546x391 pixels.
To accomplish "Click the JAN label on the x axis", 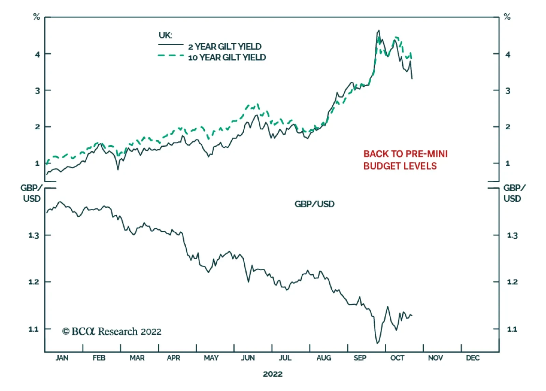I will tap(62, 358).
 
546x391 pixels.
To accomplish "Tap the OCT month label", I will tap(397, 358).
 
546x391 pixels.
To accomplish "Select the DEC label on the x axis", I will tap(473, 358).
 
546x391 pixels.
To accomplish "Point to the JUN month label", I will tap(248, 358).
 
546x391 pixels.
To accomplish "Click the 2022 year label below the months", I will tap(273, 374).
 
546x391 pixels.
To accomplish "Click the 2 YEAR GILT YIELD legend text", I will tap(225, 46).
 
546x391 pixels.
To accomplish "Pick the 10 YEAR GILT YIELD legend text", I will tap(227, 57).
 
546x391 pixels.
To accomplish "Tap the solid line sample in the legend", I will tap(171, 45).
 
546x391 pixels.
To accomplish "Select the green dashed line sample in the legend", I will tap(171, 55).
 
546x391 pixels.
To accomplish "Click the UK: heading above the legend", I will tap(166, 35).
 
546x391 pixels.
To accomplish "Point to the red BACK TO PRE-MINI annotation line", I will tap(405, 154).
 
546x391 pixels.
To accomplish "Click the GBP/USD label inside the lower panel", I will tap(314, 204).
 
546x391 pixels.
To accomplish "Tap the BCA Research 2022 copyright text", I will tap(112, 331).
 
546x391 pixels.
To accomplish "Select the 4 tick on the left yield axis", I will tap(37, 54).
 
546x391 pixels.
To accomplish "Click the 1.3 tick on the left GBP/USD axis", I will tap(34, 235).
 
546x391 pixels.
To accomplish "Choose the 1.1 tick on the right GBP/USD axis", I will tap(512, 329).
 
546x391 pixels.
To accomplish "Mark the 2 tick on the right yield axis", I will tap(508, 127).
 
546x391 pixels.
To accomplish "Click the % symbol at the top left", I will tap(37, 17).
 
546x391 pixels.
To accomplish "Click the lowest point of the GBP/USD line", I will tap(377, 343).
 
